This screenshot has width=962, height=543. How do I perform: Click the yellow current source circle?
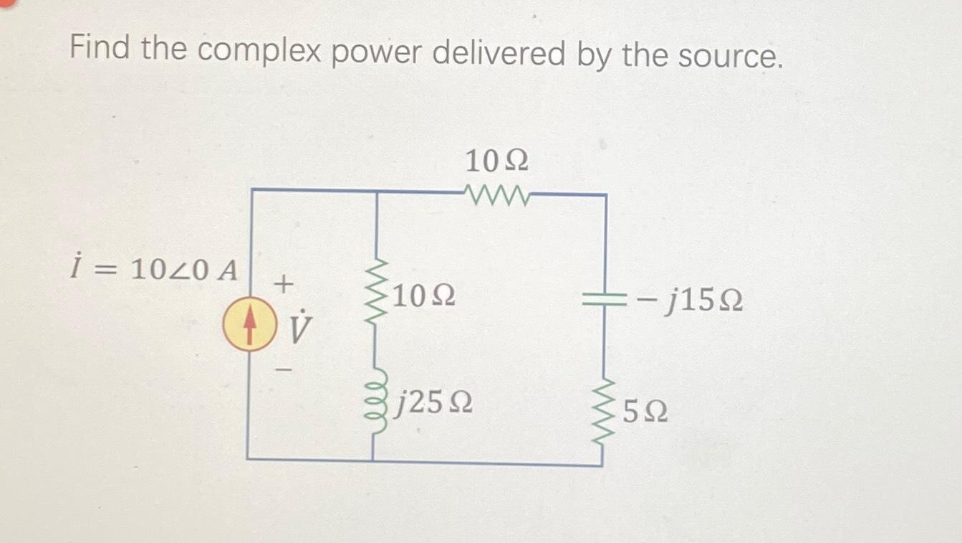click(249, 327)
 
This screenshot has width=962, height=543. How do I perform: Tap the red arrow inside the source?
click(249, 326)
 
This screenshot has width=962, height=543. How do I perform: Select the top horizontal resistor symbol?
click(496, 194)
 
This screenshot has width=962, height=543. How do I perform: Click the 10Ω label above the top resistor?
click(496, 162)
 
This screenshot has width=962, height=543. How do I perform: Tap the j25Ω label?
click(436, 405)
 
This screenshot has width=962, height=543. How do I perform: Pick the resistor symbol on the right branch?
click(605, 411)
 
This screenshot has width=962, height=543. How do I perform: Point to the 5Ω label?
click(645, 412)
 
